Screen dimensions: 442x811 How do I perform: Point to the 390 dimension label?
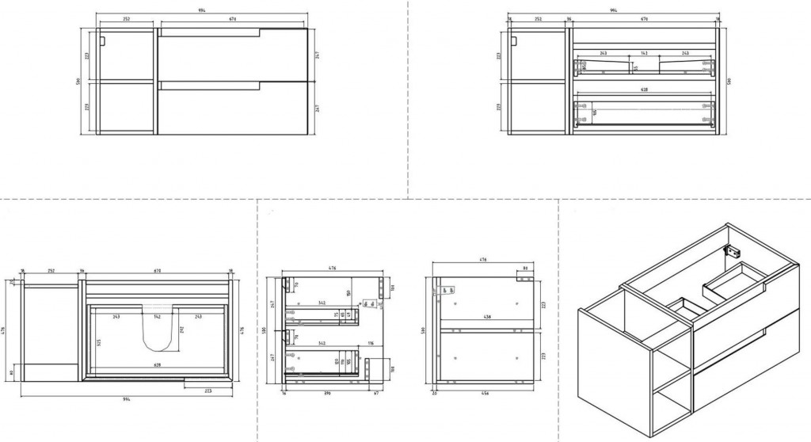[326, 391]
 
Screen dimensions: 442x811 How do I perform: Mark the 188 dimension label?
[394, 367]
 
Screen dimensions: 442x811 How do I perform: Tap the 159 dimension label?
[349, 295]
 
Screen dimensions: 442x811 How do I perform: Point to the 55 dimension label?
[636, 68]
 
